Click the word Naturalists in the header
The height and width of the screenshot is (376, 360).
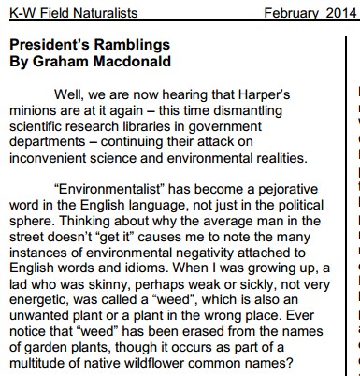pyautogui.click(x=88, y=11)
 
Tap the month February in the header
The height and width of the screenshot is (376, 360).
pyautogui.click(x=292, y=11)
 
